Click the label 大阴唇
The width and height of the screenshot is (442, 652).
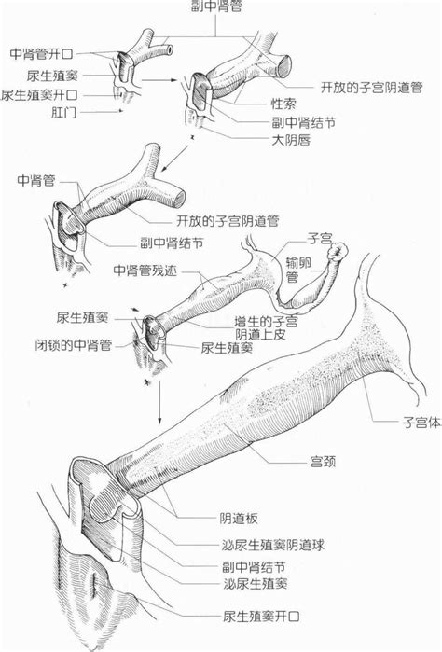(x=291, y=141)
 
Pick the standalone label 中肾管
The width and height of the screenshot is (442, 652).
(x=36, y=178)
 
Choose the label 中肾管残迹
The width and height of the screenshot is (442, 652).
(x=146, y=270)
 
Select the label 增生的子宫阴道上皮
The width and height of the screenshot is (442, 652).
(x=266, y=326)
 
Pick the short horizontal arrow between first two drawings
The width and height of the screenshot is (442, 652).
(x=171, y=80)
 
